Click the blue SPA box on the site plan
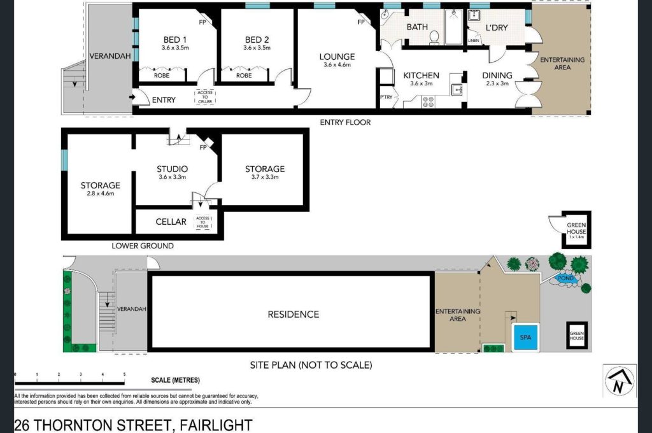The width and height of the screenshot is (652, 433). (525, 337)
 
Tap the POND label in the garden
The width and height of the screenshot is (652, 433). (565, 278)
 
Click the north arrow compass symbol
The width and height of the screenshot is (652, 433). (619, 381)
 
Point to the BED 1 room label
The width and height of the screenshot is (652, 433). (175, 39)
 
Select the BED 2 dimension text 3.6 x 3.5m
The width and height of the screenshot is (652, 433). (257, 48)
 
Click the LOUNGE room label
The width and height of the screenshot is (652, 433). (337, 57)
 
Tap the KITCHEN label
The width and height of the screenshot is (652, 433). (422, 75)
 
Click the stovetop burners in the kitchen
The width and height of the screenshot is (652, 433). (429, 102)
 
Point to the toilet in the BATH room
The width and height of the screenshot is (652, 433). (434, 38)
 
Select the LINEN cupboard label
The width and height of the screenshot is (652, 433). (474, 41)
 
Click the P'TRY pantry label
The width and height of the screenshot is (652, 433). (386, 97)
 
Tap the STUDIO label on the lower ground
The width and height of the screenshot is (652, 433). (172, 169)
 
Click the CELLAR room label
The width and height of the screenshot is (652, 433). (171, 222)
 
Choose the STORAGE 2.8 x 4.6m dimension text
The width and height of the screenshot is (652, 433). (100, 194)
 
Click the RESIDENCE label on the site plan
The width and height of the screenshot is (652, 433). (294, 315)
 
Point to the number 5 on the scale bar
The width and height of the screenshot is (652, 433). (124, 374)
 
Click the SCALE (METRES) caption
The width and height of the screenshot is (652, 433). (176, 380)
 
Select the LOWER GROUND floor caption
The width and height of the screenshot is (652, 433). (143, 246)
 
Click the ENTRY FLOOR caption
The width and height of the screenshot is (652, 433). (345, 122)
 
